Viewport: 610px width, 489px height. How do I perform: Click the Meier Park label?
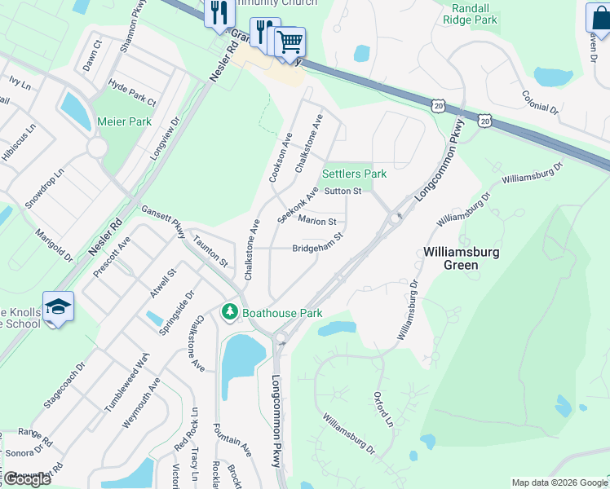tap(125, 121)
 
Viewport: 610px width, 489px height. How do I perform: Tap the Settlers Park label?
tap(354, 174)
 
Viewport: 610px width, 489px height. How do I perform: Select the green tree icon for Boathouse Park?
tap(231, 312)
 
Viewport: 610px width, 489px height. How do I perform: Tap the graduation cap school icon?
tap(59, 306)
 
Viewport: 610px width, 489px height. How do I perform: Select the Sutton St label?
tap(343, 192)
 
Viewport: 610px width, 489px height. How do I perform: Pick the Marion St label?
tap(317, 221)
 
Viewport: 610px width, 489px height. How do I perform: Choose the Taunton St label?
tap(210, 250)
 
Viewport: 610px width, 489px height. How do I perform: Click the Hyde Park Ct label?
tap(131, 93)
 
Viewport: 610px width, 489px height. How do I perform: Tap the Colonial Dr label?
tap(540, 101)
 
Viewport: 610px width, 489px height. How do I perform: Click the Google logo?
tap(26, 479)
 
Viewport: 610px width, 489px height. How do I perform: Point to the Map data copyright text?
tap(559, 482)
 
